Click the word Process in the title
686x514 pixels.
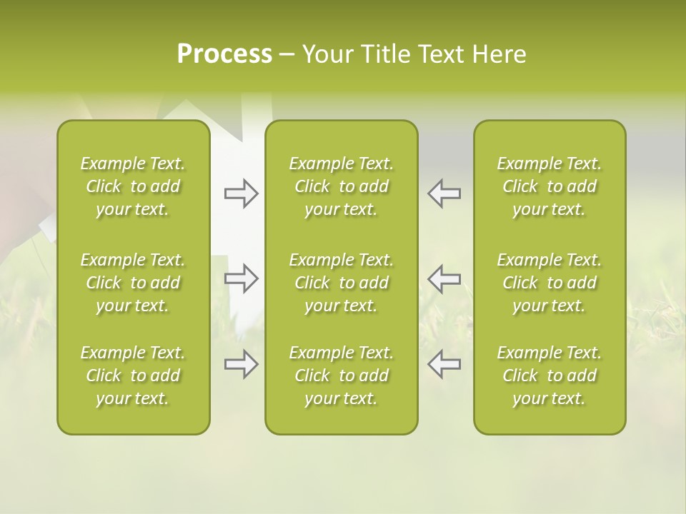click(x=224, y=54)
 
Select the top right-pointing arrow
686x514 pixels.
click(x=241, y=193)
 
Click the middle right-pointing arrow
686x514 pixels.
click(x=241, y=278)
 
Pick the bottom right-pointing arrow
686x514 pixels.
click(x=241, y=364)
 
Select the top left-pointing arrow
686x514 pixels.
click(x=444, y=193)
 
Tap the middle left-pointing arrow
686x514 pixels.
click(x=444, y=278)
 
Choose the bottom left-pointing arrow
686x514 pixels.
click(x=444, y=364)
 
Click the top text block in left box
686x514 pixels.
click(x=133, y=186)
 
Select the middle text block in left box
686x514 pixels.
click(x=133, y=283)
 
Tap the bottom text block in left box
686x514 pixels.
click(x=133, y=376)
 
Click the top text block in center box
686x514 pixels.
click(x=342, y=186)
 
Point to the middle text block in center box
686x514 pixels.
click(x=342, y=283)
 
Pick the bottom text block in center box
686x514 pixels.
click(x=342, y=376)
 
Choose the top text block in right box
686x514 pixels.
click(x=550, y=186)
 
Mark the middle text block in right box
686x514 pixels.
click(x=550, y=283)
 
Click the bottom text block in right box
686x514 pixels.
click(x=550, y=376)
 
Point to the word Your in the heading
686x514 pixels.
click(x=327, y=54)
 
